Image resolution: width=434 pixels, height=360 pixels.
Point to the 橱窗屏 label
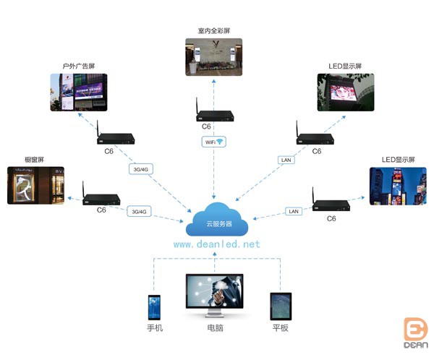34,159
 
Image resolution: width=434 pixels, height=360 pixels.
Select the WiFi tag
213,142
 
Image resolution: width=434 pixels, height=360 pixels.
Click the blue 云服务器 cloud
216,223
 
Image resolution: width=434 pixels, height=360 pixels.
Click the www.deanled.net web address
216,244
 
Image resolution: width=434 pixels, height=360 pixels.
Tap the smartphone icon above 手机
154,307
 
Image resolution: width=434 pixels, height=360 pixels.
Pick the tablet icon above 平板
280,306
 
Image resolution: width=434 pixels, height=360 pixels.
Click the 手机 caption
154,328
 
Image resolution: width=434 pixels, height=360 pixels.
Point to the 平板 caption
280,328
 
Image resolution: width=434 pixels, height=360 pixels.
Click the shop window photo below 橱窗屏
34,185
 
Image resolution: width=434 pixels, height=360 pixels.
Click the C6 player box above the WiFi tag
215,116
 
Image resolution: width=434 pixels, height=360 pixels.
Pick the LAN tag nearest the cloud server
293,211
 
